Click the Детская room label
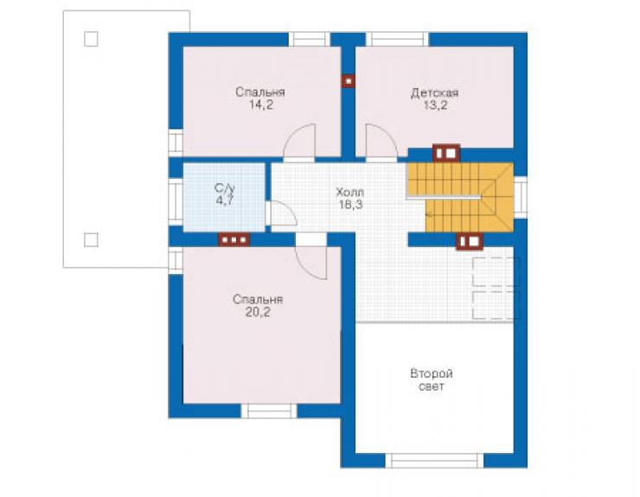[x=434, y=93]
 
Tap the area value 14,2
[x=261, y=105]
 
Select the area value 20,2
[x=258, y=312]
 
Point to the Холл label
[x=349, y=192]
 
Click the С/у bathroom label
[x=225, y=188]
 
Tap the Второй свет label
[x=432, y=380]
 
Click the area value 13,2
[x=435, y=105]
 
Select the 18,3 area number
[x=349, y=204]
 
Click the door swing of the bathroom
[x=284, y=213]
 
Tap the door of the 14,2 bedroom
[x=299, y=140]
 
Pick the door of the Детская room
[x=381, y=140]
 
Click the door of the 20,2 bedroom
[x=311, y=263]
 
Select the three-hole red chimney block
[x=234, y=240]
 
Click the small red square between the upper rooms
[x=349, y=81]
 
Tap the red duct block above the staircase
[x=446, y=154]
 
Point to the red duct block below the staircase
[x=470, y=241]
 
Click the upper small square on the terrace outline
[x=91, y=39]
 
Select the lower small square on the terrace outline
[x=91, y=240]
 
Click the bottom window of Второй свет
[x=434, y=461]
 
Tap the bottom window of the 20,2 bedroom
[x=269, y=411]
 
